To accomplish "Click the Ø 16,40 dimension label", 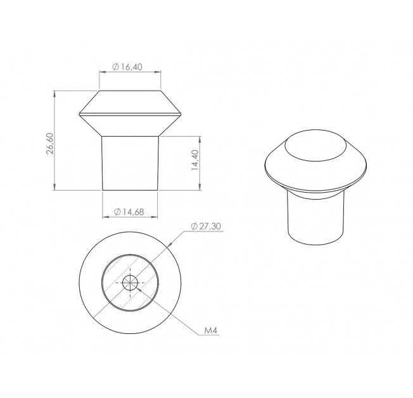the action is click(x=127, y=67).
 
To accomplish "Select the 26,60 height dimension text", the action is click(x=50, y=143).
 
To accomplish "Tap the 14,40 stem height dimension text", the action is click(x=195, y=160).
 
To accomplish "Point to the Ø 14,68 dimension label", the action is click(x=129, y=212).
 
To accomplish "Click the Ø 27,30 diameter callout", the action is click(x=206, y=226).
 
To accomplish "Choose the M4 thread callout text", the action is click(x=211, y=331).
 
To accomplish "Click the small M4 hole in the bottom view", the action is click(x=130, y=283).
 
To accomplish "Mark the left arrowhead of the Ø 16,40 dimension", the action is click(x=103, y=72).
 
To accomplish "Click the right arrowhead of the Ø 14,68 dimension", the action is click(x=155, y=217).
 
